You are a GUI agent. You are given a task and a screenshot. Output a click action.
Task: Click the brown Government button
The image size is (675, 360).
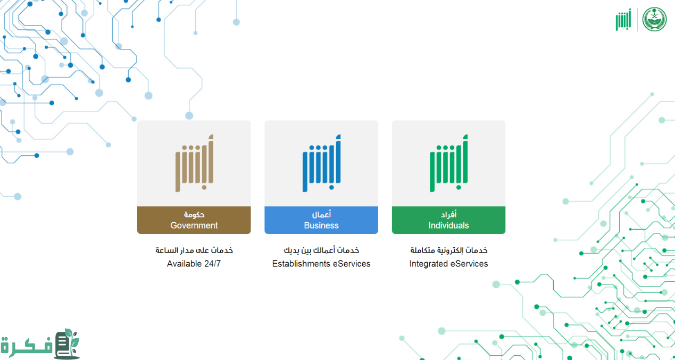[194, 220]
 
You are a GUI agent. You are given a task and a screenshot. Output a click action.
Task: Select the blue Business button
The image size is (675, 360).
[321, 220]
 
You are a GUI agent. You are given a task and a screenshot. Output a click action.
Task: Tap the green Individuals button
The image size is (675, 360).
[449, 220]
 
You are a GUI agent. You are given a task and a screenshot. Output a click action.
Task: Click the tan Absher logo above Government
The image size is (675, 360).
[194, 163]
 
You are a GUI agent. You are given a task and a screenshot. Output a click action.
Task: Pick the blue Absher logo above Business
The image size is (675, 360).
[321, 163]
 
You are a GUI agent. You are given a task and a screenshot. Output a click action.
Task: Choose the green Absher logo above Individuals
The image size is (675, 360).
[449, 163]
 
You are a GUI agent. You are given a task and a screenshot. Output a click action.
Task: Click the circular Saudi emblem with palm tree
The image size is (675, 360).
[654, 19]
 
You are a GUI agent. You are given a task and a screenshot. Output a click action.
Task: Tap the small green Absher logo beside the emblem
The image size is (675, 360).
[623, 20]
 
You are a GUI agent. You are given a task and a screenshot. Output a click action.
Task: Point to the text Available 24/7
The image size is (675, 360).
[194, 264]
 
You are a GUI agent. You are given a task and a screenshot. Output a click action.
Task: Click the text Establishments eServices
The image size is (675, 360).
[321, 264]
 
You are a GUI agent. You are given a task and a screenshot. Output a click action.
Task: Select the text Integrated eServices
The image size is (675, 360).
[448, 264]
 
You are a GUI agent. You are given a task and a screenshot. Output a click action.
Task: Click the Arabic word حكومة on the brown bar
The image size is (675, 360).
[194, 214]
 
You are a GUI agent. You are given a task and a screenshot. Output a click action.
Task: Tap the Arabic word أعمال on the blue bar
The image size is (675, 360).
[321, 214]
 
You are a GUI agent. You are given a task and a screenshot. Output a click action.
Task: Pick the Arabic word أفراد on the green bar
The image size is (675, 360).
[449, 214]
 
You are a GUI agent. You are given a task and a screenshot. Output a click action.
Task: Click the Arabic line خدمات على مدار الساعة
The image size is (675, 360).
[194, 250]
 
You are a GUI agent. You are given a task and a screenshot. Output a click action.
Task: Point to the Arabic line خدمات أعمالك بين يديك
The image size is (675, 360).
[321, 250]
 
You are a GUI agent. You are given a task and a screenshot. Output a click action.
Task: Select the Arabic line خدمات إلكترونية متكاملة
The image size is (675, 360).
[449, 250]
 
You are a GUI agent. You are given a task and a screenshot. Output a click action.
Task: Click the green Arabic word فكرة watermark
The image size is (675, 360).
[27, 346]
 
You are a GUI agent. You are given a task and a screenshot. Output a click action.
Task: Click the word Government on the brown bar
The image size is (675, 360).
[194, 225]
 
